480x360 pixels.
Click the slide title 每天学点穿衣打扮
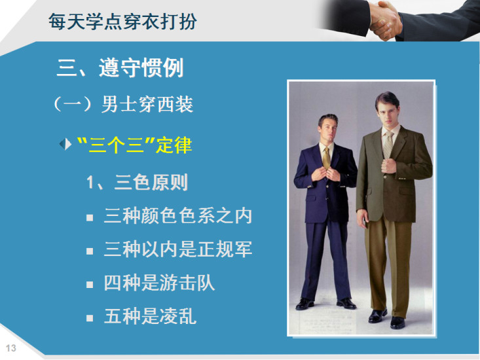point(122,22)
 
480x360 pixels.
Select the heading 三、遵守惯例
point(120,67)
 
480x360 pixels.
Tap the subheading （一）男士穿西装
point(123,104)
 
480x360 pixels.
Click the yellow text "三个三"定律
point(134,145)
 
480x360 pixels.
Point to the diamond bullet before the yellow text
point(65,144)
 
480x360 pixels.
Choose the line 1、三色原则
point(137,183)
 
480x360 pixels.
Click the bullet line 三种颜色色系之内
point(178,215)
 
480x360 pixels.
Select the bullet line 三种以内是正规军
point(178,249)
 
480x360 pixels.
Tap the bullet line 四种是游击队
point(159,283)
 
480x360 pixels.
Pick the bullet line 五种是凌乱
point(150,316)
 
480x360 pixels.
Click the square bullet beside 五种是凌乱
point(90,318)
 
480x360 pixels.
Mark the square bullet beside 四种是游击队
point(90,285)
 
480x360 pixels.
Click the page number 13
point(10,348)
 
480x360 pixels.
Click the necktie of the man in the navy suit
point(326,158)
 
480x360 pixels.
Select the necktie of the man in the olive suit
point(388,145)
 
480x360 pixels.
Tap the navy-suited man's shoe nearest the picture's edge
point(305,304)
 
